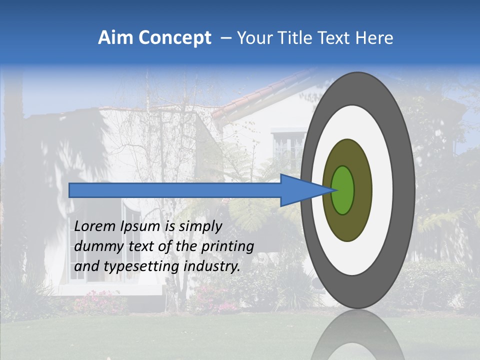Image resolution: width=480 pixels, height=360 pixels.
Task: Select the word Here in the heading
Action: click(x=374, y=38)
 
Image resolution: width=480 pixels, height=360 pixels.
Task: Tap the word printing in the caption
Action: click(x=227, y=246)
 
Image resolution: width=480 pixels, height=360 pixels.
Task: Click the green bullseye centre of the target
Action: click(x=342, y=190)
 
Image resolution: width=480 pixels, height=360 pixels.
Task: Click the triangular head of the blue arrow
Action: click(x=300, y=190)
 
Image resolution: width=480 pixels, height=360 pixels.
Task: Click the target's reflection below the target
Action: click(x=357, y=335)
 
